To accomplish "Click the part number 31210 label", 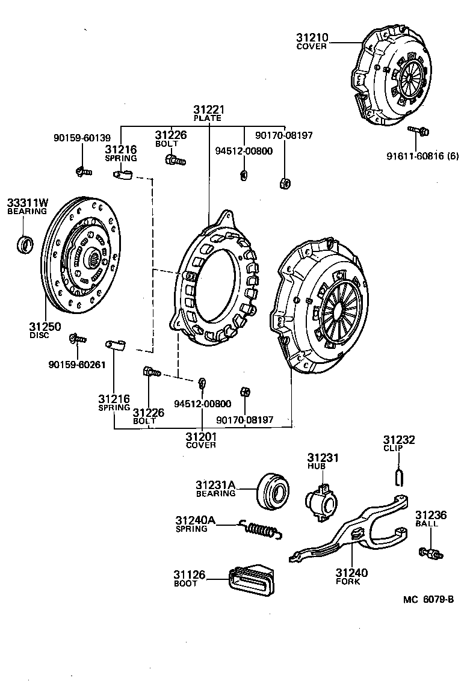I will [x=312, y=37].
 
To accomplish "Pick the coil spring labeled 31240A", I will [x=260, y=529].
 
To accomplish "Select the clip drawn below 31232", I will [x=398, y=476].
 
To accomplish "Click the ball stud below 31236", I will [x=428, y=552].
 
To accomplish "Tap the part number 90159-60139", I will [x=82, y=138].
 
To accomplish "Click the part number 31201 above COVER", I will [x=200, y=437].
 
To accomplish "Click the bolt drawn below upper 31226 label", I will [x=175, y=160].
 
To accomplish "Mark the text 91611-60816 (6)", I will [x=422, y=156].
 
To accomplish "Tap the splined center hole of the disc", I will [x=94, y=260].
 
